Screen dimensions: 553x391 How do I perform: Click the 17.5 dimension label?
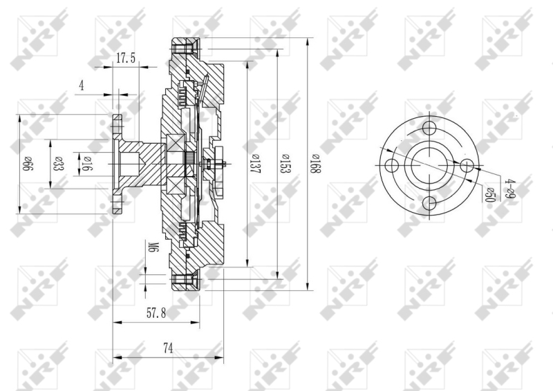tap(126, 58)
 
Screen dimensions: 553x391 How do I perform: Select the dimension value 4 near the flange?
tap(82, 86)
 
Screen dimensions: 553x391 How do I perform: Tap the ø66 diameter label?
tap(28, 164)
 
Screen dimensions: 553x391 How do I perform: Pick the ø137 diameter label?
tap(254, 164)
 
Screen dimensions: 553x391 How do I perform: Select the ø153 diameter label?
tap(285, 164)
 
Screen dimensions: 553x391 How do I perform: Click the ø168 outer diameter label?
tap(315, 164)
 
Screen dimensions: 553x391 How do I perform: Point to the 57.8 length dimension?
tap(156, 313)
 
